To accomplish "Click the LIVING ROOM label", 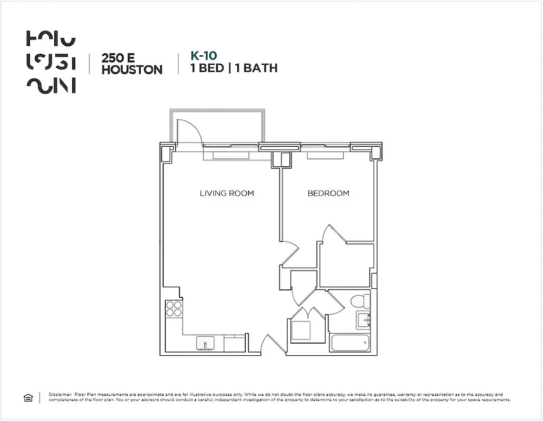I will pos(227,194).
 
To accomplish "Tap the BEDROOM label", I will pos(328,194).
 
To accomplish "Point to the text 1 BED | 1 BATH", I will pos(234,68).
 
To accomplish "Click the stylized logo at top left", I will pos(51,62).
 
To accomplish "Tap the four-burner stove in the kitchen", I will pos(174,308).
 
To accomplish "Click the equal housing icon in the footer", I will pos(28,398).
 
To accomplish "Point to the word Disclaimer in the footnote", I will pos(60,394).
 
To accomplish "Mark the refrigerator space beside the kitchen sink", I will pos(235,344).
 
